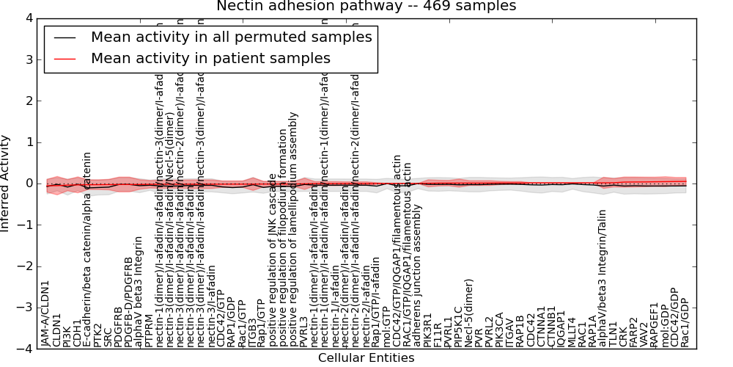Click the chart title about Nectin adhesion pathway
366,6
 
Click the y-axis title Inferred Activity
6,183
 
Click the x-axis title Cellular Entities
366,358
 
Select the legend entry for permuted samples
231,37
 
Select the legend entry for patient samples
210,58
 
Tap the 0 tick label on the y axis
28,183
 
